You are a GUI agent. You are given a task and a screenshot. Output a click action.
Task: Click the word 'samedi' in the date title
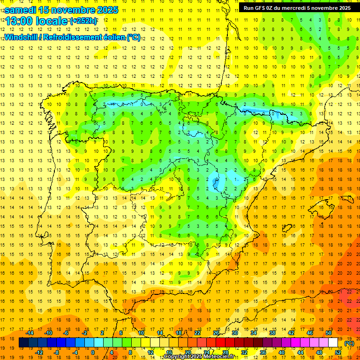point(21,10)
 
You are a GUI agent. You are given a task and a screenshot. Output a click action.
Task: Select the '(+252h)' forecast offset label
point(83,21)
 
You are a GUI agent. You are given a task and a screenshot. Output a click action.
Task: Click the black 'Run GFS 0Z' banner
point(297,8)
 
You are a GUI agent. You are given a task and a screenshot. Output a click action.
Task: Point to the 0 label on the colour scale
point(93,352)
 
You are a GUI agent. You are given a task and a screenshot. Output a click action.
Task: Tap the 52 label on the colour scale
point(338,352)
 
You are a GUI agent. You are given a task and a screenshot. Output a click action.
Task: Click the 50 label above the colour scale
point(328,333)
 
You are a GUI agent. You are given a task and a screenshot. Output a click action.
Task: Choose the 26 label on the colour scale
point(216,333)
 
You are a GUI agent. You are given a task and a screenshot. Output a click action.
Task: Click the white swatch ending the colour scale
point(333,343)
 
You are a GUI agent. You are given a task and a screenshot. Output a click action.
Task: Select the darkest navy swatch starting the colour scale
point(23,343)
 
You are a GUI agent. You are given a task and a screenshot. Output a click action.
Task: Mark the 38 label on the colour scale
point(272,333)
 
